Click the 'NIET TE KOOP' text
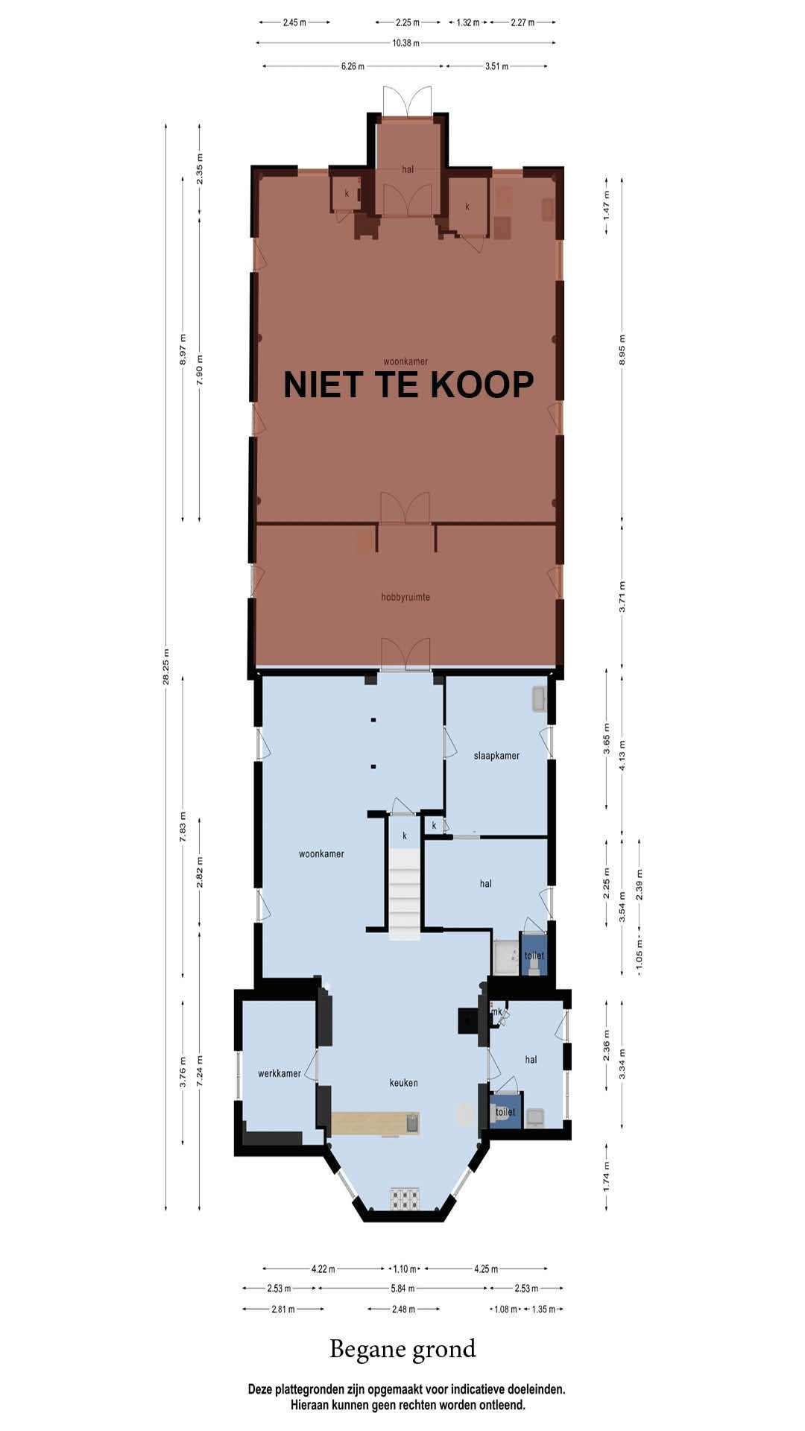(408, 385)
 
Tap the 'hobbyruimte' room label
(405, 597)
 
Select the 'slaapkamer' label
(496, 756)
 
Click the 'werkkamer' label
(280, 1074)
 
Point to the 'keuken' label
(403, 1083)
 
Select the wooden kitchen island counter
(376, 1123)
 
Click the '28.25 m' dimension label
(167, 667)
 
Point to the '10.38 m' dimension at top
(405, 43)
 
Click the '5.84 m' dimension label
(403, 1288)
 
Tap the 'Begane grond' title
(402, 1349)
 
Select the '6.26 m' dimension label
(353, 66)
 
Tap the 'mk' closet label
(496, 1011)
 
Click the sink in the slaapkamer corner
(539, 699)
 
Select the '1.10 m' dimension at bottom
(405, 1269)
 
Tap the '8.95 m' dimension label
(622, 350)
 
